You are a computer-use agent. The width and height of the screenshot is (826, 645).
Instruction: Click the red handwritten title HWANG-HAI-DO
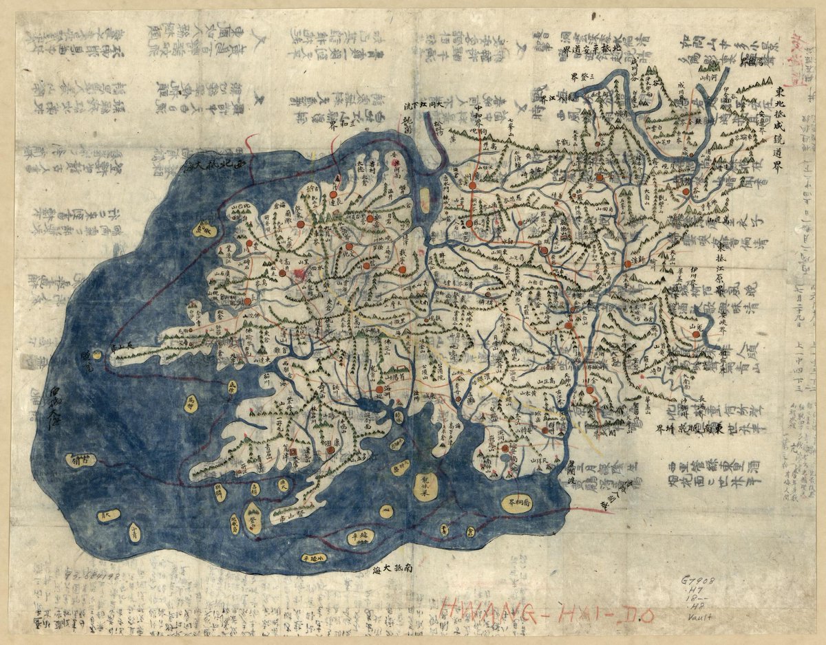tap(547, 610)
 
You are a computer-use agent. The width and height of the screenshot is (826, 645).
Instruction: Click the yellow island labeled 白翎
tap(82, 460)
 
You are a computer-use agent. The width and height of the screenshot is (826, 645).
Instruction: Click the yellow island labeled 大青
tap(107, 514)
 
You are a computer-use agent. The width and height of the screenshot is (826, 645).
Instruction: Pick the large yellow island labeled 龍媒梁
tap(424, 487)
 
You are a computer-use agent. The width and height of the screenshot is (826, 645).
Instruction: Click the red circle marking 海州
tap(379, 390)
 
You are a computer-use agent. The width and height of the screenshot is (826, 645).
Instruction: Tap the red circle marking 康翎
tap(330, 450)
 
